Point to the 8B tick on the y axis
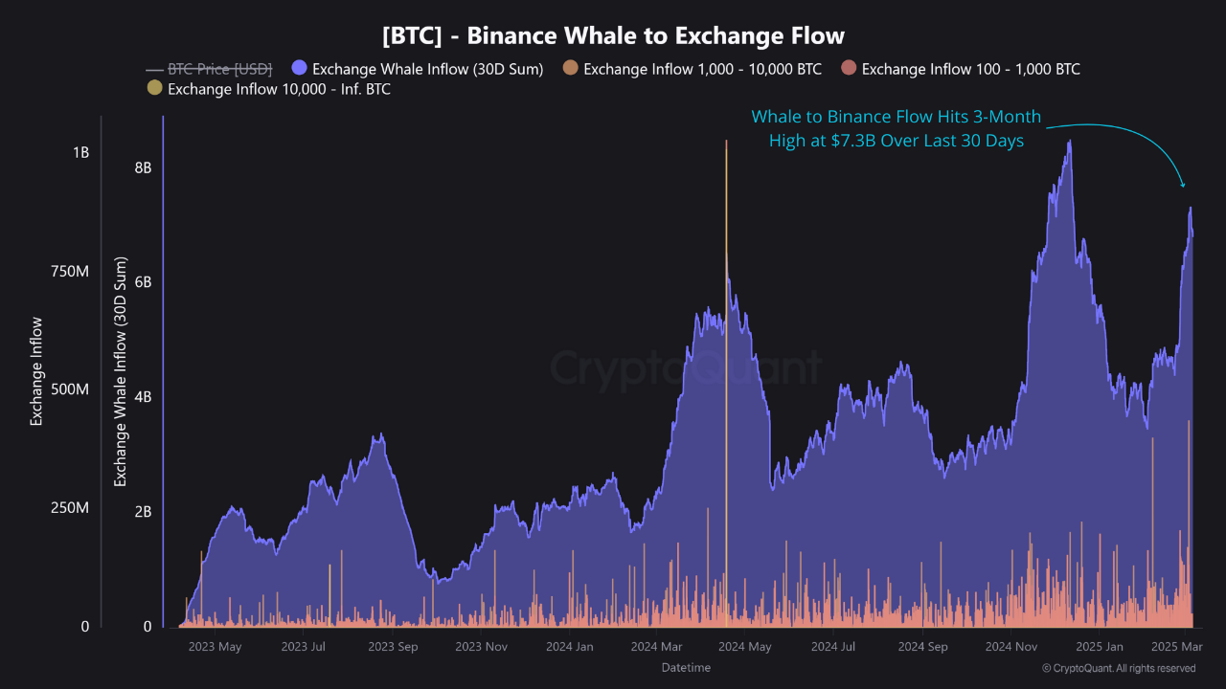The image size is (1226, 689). tap(143, 167)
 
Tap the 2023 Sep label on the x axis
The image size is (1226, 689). tap(395, 647)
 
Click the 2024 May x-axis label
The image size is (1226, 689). tap(744, 647)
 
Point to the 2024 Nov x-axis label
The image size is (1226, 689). tap(1011, 647)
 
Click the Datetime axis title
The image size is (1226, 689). tap(686, 668)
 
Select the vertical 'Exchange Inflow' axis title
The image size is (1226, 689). tap(36, 371)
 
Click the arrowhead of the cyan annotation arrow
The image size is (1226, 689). tap(1184, 186)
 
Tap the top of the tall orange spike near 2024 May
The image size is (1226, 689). tap(726, 142)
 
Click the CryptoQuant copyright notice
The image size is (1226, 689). tap(1118, 668)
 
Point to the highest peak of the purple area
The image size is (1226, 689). tap(1069, 142)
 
